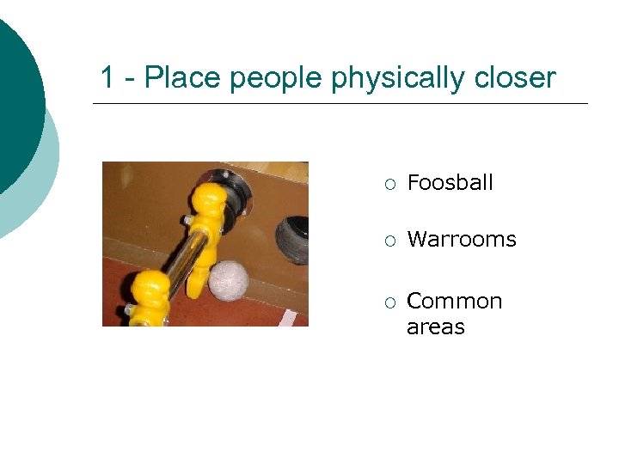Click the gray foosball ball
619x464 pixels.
point(229,278)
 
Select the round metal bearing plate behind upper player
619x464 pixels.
point(237,189)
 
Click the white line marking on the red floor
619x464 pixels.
point(287,319)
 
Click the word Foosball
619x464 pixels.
point(450,182)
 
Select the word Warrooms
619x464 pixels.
point(461,239)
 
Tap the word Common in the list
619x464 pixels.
point(454,301)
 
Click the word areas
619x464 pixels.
point(435,327)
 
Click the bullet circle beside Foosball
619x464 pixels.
point(389,183)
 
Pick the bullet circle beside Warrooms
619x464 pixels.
point(389,240)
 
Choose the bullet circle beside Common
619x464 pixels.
point(389,302)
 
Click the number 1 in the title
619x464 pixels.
point(107,77)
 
